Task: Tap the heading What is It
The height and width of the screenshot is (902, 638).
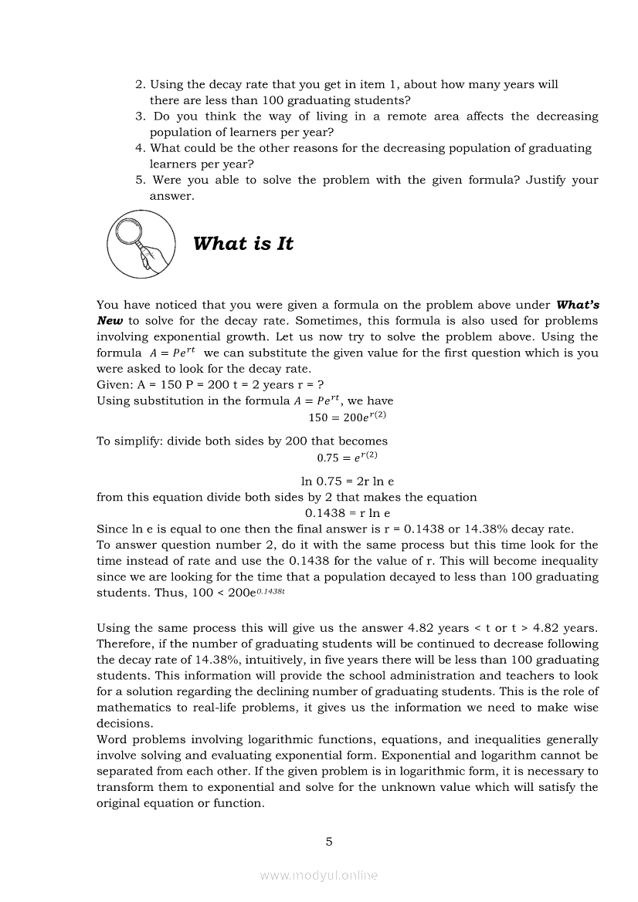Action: click(243, 244)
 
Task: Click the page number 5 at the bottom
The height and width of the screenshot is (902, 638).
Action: click(329, 841)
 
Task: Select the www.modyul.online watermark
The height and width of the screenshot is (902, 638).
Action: click(319, 875)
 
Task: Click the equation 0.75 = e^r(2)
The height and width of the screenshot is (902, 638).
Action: click(347, 457)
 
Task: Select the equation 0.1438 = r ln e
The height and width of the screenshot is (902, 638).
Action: click(348, 513)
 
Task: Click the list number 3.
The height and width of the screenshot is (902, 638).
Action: click(141, 117)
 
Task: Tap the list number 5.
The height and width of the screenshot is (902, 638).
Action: click(141, 180)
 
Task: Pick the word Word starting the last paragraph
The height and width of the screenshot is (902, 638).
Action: click(113, 739)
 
